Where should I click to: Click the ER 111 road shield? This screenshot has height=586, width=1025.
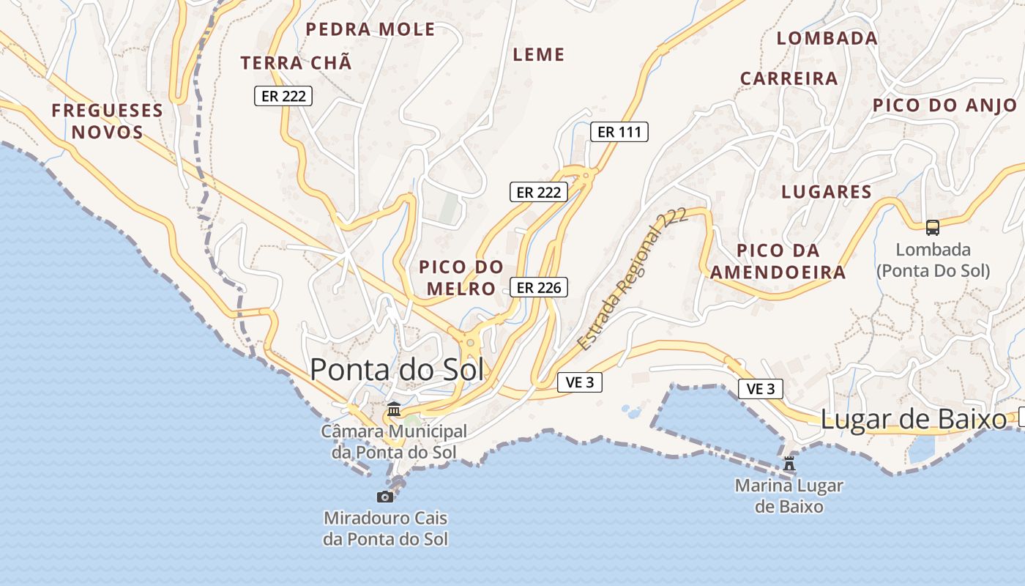[x=619, y=132]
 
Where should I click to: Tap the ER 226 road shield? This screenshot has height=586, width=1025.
[x=539, y=288]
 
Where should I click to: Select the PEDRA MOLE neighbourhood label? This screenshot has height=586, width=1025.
[x=370, y=29]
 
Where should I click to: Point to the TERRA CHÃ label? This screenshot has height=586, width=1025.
[x=297, y=63]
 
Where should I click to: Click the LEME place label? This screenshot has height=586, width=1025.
[x=539, y=55]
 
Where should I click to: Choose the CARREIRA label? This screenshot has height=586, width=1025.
[x=789, y=78]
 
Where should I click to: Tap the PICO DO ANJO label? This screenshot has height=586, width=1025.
[x=944, y=105]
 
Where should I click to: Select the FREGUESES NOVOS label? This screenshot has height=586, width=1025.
[x=107, y=122]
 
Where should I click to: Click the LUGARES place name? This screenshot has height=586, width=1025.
[x=827, y=192]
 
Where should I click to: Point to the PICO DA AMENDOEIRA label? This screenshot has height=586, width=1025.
[x=778, y=262]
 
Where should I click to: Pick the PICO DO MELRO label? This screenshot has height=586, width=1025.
[x=461, y=278]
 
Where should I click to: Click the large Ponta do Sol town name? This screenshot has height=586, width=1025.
[x=397, y=370]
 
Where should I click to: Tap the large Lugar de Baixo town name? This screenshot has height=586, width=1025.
[x=914, y=420]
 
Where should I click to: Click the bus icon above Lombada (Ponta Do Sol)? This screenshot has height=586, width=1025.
[x=933, y=228]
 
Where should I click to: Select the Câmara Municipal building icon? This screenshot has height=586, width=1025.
[x=394, y=409]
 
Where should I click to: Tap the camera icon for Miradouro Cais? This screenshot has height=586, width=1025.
[x=385, y=497]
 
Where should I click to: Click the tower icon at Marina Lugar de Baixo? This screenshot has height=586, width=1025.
[x=789, y=464]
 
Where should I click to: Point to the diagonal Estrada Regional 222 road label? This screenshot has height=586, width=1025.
[x=631, y=279]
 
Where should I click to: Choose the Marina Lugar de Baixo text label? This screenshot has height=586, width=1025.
[x=789, y=496]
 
